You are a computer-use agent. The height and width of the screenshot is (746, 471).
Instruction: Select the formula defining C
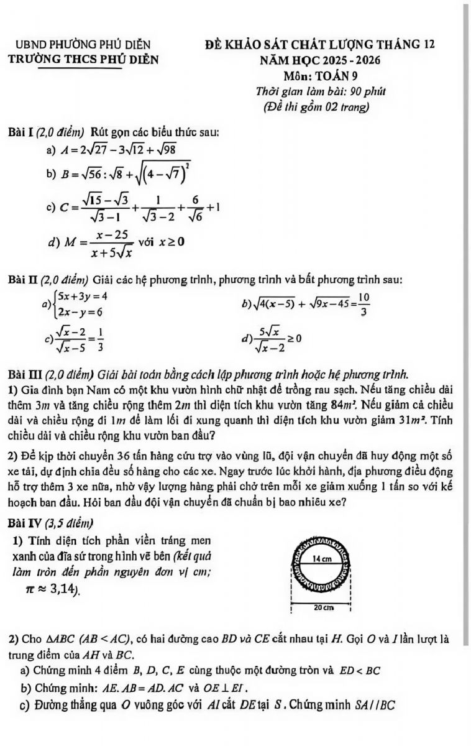[137, 206]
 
